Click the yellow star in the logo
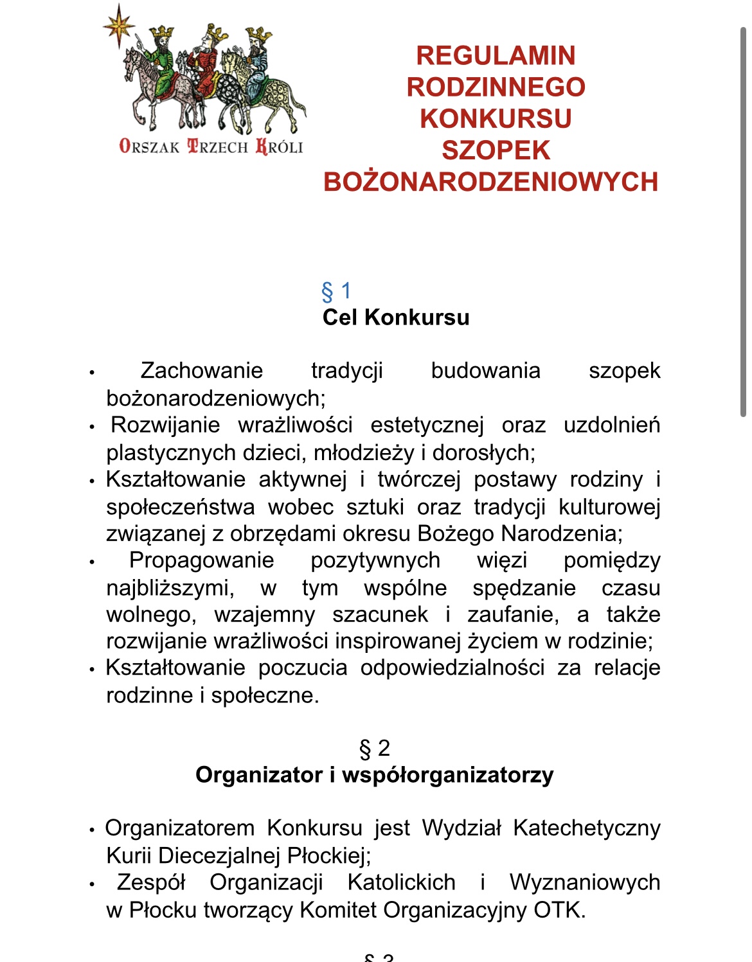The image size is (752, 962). click(118, 26)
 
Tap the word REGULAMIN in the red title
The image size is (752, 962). click(496, 56)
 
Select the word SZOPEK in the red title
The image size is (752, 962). click(496, 150)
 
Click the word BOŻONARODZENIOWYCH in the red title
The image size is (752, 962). click(491, 182)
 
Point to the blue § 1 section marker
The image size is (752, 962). click(336, 291)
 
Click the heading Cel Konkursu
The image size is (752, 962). click(396, 317)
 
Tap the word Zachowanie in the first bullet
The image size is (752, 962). click(202, 371)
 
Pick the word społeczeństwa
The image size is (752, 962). click(181, 507)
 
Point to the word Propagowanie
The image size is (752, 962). click(202, 560)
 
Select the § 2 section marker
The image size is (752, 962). click(375, 749)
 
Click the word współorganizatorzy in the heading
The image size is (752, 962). click(447, 775)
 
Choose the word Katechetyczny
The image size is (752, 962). click(586, 828)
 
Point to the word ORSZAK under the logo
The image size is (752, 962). click(150, 147)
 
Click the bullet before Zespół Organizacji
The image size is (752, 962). click(92, 884)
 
